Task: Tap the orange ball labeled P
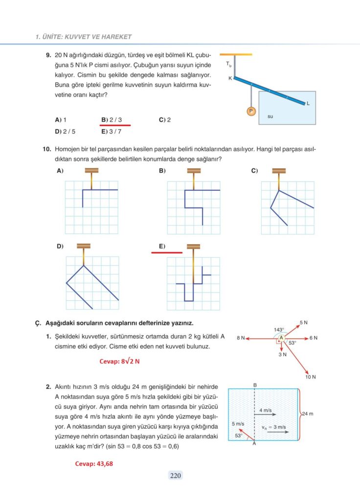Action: coord(250,112)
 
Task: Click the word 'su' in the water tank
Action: coord(270,117)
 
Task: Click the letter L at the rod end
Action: coord(308,103)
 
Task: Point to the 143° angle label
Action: coord(279,329)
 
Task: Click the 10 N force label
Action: coord(311,377)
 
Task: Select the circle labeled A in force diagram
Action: coord(281,338)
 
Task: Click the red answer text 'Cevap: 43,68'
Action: coord(94,464)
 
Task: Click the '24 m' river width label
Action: coord(308,414)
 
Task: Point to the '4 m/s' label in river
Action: coord(266,410)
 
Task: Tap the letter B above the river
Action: coord(255,385)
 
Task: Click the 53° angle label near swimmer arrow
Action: coord(239,435)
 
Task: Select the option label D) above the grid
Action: coord(60,246)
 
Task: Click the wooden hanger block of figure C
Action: coord(279,171)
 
